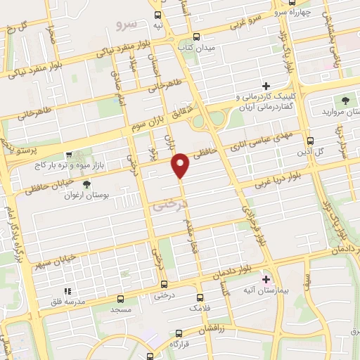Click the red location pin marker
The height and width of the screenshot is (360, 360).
[181, 165]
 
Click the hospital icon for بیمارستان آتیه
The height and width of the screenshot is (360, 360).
[265, 278]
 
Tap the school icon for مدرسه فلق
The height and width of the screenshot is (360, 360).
[68, 290]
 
